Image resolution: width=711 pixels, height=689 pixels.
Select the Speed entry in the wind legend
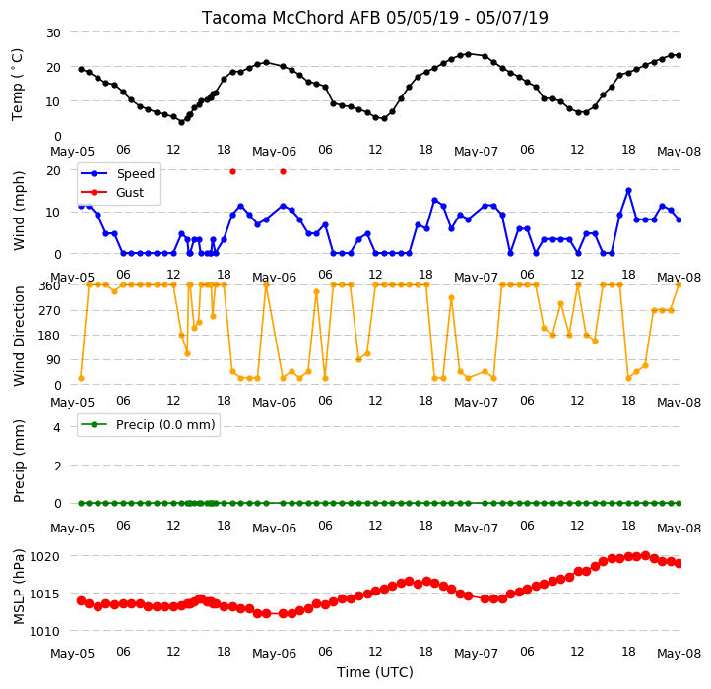[136, 173]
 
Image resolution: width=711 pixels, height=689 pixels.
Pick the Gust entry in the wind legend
[130, 192]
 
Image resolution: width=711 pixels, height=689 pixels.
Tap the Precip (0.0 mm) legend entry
[165, 425]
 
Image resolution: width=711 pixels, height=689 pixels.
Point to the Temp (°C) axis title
[17, 85]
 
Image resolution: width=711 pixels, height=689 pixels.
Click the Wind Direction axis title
[19, 336]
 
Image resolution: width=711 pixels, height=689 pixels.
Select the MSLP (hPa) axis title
[19, 587]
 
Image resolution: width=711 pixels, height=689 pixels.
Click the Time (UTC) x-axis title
[375, 671]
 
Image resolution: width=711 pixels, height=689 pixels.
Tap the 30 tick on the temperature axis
[53, 32]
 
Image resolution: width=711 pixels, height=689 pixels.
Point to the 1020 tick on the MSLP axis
[44, 556]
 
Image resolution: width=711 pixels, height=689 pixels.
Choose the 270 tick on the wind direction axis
[49, 310]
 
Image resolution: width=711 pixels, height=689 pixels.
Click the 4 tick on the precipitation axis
[57, 427]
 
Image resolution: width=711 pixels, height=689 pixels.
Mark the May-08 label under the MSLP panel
[679, 654]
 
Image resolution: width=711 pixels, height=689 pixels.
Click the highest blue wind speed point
[628, 191]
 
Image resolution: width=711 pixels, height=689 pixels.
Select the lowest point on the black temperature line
[182, 122]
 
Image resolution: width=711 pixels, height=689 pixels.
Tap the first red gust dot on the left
[232, 172]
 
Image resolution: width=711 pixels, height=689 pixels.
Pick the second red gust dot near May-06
[283, 172]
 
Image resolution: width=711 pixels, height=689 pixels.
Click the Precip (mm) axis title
[19, 461]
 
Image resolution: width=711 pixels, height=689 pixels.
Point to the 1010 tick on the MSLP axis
[44, 631]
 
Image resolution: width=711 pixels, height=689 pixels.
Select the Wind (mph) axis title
[19, 211]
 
